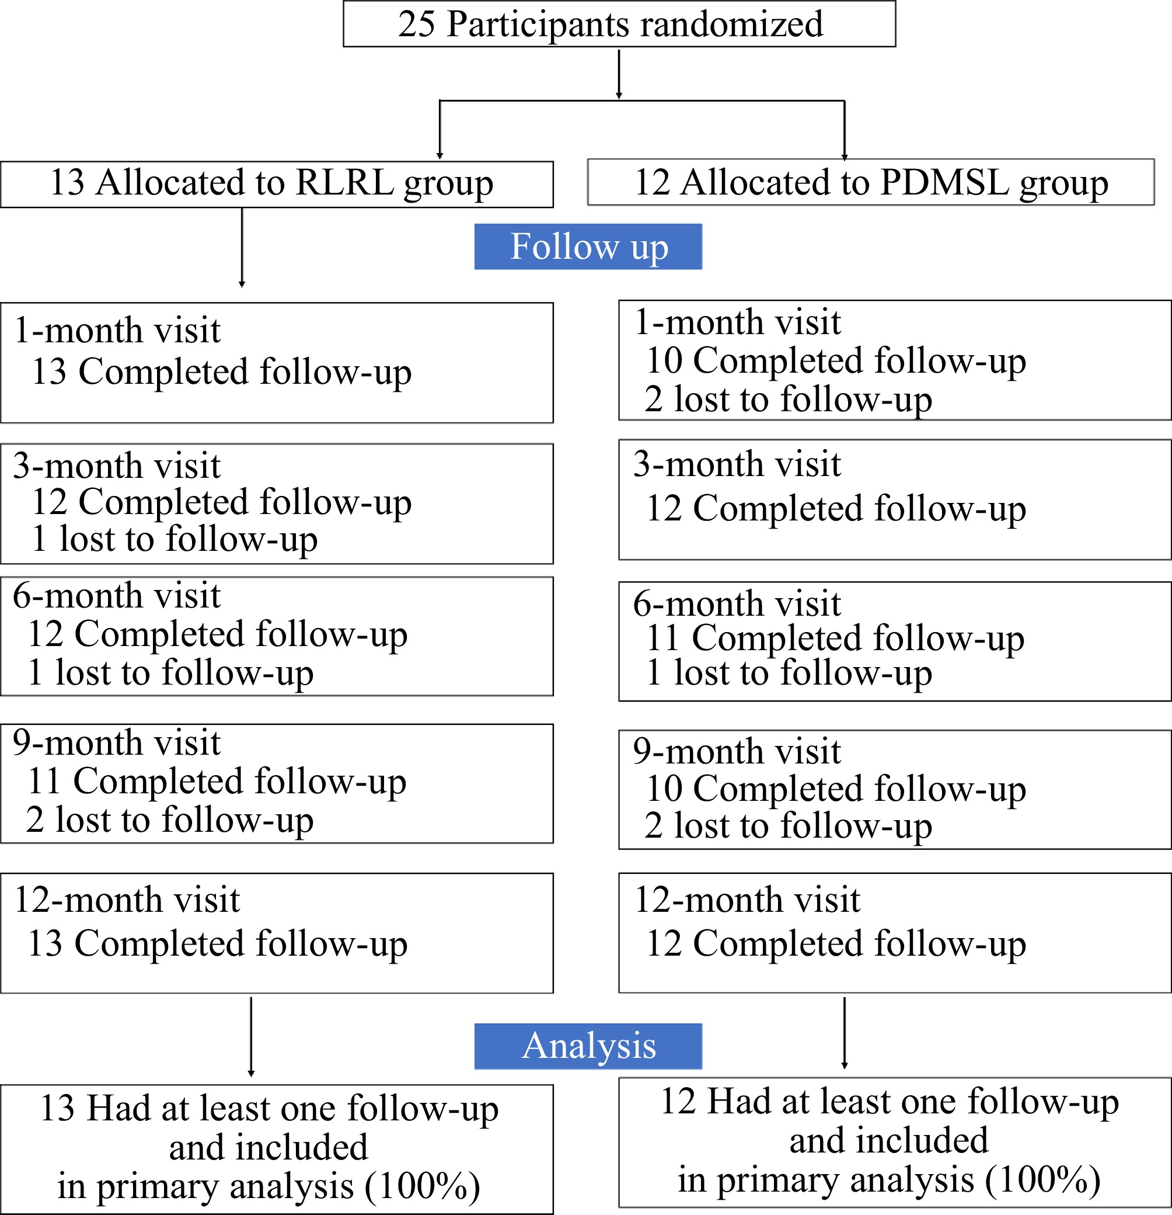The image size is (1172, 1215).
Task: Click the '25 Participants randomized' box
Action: pyautogui.click(x=619, y=23)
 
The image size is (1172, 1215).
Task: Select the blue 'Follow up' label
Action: pyautogui.click(x=588, y=247)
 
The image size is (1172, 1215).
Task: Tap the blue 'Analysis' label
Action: pyautogui.click(x=588, y=1046)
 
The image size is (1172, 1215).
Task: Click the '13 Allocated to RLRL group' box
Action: pyautogui.click(x=276, y=184)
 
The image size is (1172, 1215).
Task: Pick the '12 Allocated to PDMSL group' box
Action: pyautogui.click(x=870, y=182)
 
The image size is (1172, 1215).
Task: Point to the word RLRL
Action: pyautogui.click(x=345, y=183)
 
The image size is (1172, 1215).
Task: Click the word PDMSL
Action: pyautogui.click(x=946, y=182)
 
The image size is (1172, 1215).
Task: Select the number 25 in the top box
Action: pyautogui.click(x=417, y=24)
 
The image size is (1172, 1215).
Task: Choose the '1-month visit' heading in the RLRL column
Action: pyautogui.click(x=117, y=330)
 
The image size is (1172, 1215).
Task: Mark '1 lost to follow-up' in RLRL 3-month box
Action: pyautogui.click(x=175, y=538)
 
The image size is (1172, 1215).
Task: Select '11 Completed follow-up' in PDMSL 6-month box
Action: pyautogui.click(x=835, y=638)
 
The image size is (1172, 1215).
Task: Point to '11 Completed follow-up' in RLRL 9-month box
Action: pyautogui.click(x=217, y=780)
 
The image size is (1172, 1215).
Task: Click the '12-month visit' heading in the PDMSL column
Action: pyautogui.click(x=747, y=900)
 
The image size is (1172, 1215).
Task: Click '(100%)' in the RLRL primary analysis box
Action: pyautogui.click(x=423, y=1186)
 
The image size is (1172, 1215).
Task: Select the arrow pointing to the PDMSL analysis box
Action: pyautogui.click(x=845, y=1033)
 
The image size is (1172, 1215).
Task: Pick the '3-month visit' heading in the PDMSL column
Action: pyautogui.click(x=737, y=464)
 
